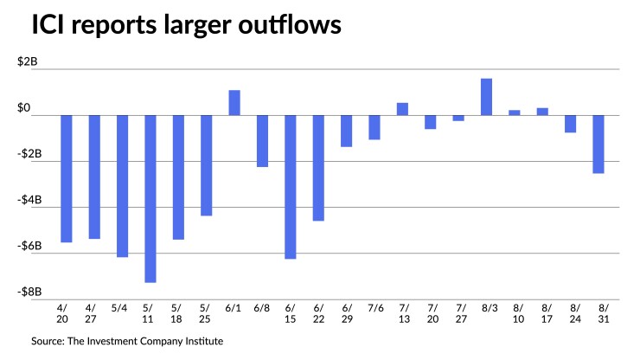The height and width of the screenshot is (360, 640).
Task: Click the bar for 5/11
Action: (150, 198)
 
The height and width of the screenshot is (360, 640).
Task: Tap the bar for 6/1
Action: (234, 102)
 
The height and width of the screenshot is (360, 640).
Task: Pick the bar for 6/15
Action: (291, 187)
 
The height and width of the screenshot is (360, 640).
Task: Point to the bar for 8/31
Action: (598, 145)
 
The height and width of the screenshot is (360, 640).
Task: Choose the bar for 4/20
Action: (66, 178)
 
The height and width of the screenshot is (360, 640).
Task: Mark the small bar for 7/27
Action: (458, 118)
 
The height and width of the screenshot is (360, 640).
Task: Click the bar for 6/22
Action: (318, 168)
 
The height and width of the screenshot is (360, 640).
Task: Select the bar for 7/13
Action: (402, 109)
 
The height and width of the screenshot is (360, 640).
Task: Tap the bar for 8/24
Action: (571, 124)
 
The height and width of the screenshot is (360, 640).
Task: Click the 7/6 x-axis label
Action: (374, 307)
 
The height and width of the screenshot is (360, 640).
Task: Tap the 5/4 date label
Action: (122, 307)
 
